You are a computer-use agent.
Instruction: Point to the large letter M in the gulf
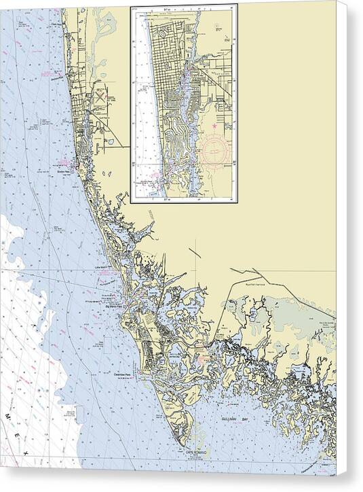[9, 415]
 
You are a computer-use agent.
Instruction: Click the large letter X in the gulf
[26, 452]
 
